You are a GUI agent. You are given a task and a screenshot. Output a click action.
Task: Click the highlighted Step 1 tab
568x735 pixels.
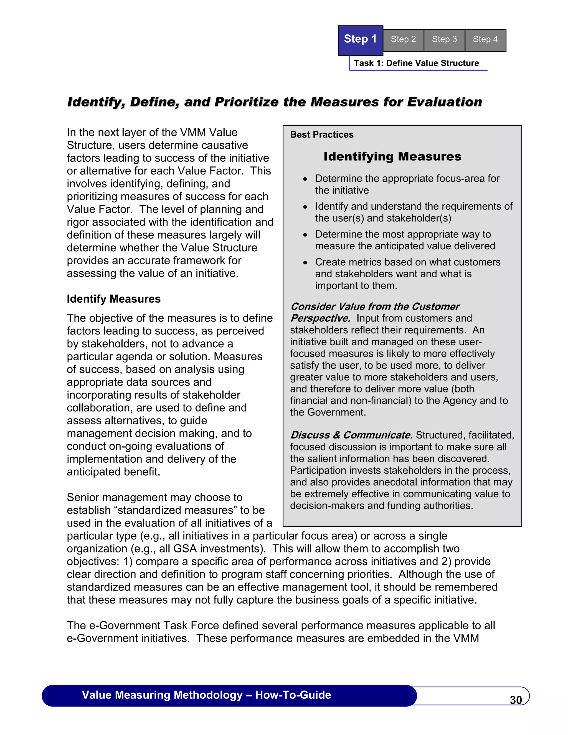tap(360, 40)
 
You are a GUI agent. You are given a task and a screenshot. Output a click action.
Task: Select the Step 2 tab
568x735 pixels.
tap(403, 40)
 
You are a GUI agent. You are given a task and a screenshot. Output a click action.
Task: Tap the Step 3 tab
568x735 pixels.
tap(444, 40)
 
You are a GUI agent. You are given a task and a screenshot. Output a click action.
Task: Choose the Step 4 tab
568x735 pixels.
tap(485, 40)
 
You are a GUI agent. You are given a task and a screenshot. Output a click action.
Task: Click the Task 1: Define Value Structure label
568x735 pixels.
tap(416, 63)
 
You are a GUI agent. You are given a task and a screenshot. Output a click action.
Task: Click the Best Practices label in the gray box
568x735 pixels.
tap(322, 135)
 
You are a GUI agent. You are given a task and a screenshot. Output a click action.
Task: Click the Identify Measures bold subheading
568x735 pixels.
tap(113, 299)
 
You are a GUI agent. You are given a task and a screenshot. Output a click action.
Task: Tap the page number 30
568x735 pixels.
tap(516, 700)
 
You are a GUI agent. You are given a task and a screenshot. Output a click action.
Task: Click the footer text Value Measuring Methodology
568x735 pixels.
tap(162, 695)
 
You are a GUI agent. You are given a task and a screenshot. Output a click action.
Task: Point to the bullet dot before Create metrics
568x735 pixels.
tap(305, 262)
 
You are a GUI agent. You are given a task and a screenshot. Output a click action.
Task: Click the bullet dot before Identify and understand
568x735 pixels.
tap(305, 207)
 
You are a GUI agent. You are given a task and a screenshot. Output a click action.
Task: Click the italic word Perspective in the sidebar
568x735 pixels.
tap(320, 318)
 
